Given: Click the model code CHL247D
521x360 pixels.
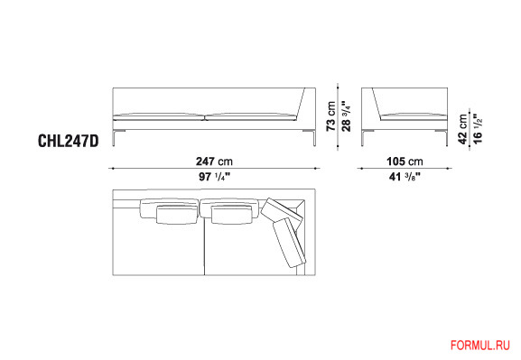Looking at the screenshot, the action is [x=69, y=141].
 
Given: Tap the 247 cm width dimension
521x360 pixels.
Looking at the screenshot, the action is [x=214, y=162].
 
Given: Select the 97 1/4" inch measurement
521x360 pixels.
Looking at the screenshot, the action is [x=214, y=177].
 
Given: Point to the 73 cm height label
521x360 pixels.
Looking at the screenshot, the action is [x=331, y=116].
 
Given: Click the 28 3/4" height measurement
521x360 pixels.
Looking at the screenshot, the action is [x=346, y=116].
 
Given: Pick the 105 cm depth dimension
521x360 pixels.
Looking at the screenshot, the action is [x=405, y=162].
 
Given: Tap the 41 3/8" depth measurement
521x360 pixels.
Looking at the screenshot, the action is [x=405, y=177].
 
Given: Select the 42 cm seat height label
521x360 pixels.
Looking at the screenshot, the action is [x=462, y=129].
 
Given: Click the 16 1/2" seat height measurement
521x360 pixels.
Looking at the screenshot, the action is [x=478, y=129].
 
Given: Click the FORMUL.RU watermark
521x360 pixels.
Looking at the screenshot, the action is [x=480, y=346].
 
